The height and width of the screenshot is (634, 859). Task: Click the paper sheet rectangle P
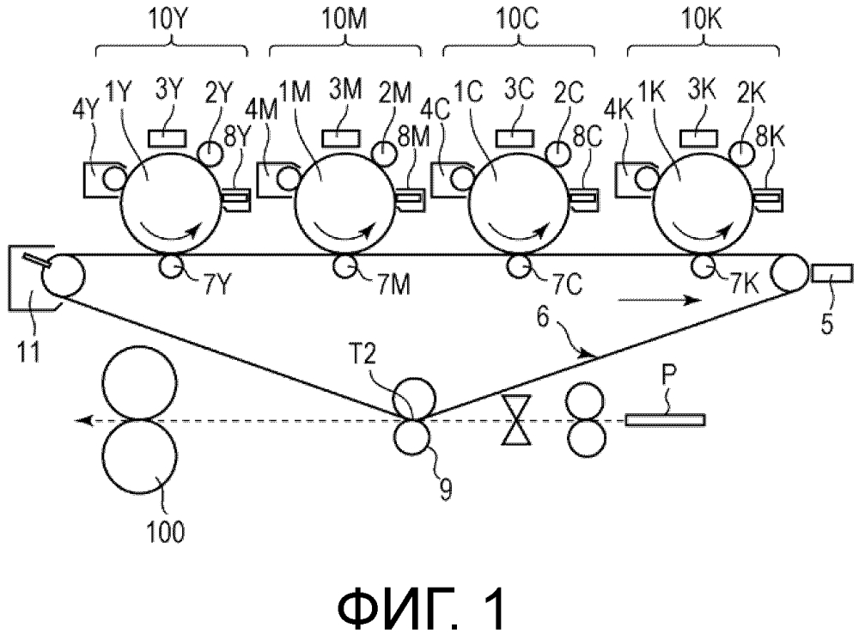coord(665,420)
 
